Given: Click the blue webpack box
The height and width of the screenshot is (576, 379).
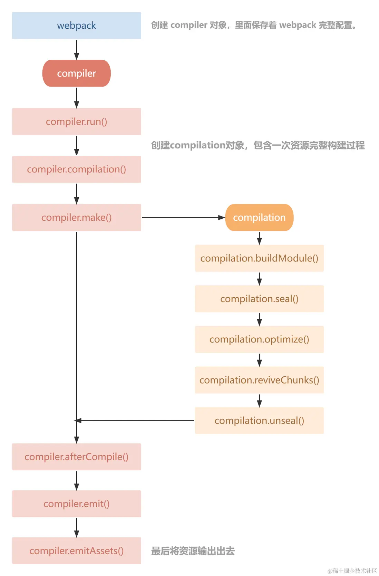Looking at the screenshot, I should click(76, 26).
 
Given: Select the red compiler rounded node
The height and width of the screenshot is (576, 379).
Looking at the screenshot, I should click(76, 73).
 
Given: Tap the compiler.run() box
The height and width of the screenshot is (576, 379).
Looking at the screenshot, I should click(76, 121).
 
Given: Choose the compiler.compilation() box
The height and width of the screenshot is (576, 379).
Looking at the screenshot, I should click(76, 169).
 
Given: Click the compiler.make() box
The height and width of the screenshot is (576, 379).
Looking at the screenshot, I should click(76, 217).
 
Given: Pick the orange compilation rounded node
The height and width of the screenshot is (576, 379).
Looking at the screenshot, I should click(259, 217).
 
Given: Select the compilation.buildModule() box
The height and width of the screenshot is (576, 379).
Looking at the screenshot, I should click(259, 258).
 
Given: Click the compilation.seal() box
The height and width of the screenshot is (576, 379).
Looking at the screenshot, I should click(259, 299).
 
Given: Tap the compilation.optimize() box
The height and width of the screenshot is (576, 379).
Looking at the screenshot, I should click(259, 339).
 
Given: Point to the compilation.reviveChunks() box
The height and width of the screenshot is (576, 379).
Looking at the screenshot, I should click(259, 380).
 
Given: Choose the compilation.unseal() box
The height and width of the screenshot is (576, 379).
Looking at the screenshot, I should click(259, 420).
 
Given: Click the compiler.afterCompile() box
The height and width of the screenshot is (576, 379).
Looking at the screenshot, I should click(76, 457).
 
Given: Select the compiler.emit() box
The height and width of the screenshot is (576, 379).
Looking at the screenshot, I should click(76, 504).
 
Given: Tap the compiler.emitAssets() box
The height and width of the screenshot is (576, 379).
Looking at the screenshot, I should click(76, 551).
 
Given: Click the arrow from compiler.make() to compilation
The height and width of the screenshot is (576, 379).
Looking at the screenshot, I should click(183, 218).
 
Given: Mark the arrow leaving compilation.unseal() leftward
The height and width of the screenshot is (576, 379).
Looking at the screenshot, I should click(135, 420).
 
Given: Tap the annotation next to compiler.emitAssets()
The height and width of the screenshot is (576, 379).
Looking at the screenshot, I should click(193, 551).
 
